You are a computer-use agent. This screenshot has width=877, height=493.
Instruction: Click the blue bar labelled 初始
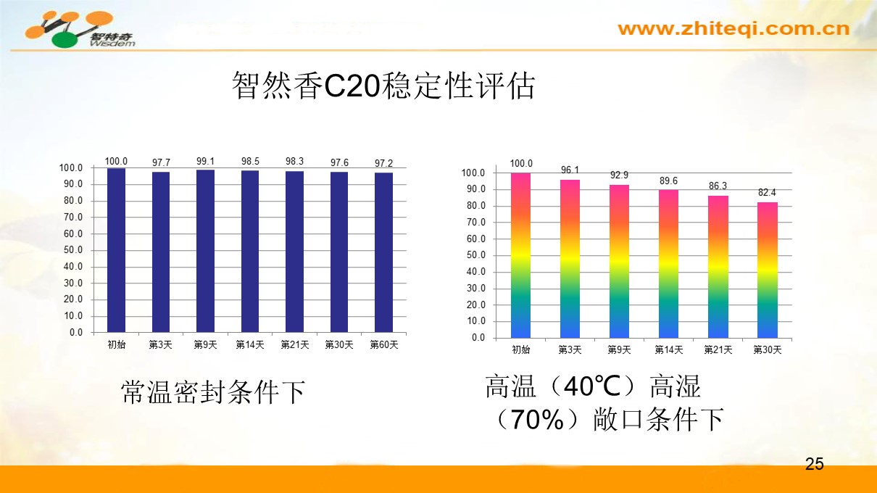[x=116, y=250]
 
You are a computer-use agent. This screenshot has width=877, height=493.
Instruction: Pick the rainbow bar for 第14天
[x=668, y=264]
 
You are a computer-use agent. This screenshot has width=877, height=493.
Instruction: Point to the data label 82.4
[x=767, y=193]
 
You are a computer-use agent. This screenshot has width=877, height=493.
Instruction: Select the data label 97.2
[x=383, y=163]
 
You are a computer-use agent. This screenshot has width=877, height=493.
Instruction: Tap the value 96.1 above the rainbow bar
[x=570, y=170]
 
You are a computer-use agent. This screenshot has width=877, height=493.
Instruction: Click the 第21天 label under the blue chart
[x=294, y=345]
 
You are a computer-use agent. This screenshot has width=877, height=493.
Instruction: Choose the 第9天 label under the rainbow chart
[x=619, y=350]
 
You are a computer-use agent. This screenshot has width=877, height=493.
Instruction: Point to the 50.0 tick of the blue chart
[x=72, y=250]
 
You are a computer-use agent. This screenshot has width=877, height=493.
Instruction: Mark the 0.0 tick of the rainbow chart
[x=478, y=338]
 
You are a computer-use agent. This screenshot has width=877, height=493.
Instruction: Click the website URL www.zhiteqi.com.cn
[x=733, y=29]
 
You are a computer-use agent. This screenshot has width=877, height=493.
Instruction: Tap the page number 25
[x=815, y=464]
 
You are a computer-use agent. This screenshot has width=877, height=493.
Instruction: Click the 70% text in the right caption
[x=538, y=420]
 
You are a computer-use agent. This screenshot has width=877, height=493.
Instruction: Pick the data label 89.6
[x=668, y=181]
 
